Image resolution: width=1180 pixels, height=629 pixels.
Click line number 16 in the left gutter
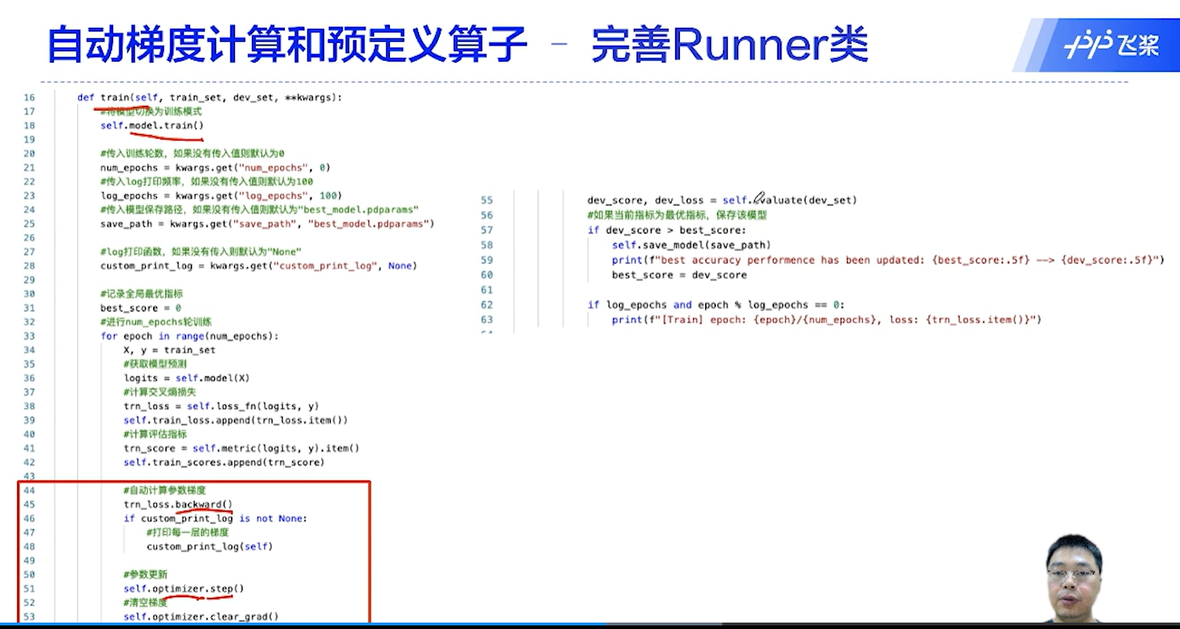pos(29,97)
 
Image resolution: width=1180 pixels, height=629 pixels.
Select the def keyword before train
pos(85,97)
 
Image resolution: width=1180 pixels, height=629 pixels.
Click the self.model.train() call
pos(152,125)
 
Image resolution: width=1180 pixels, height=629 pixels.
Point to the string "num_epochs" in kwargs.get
pos(278,167)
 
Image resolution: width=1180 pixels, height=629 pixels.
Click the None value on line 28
pos(400,265)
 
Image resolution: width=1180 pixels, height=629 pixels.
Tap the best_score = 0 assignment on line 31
pos(140,308)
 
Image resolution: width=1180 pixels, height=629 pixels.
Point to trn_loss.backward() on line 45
pos(177,504)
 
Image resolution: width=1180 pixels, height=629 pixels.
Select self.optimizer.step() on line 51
pos(183,588)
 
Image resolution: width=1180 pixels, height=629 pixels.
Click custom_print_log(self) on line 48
pos(210,546)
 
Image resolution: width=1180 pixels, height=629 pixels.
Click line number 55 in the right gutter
pos(486,200)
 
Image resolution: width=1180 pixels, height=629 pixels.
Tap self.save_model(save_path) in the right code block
pos(691,245)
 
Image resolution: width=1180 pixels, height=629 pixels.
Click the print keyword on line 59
pos(626,260)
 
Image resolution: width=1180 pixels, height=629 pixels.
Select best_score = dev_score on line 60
pos(679,275)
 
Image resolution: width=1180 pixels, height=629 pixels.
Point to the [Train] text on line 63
pos(682,320)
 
